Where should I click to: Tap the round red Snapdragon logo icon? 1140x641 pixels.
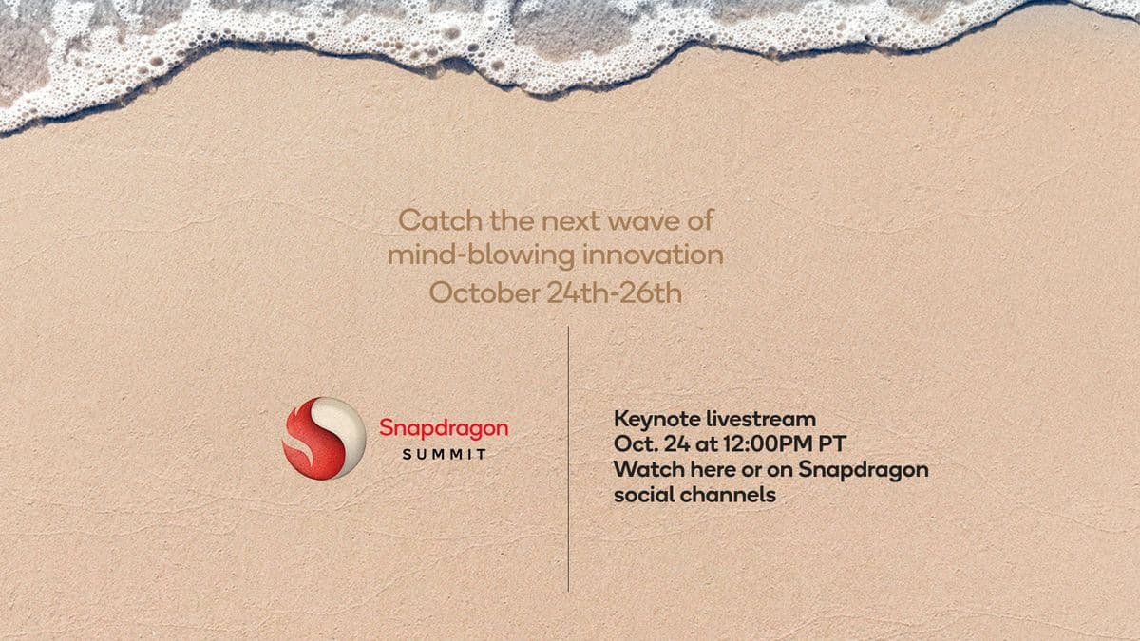pos(324,438)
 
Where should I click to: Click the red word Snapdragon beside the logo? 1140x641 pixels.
pos(444,428)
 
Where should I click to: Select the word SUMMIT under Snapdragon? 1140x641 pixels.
pos(444,454)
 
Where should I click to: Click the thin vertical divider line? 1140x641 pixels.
pos(568,456)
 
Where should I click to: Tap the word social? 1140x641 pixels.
pos(642,495)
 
